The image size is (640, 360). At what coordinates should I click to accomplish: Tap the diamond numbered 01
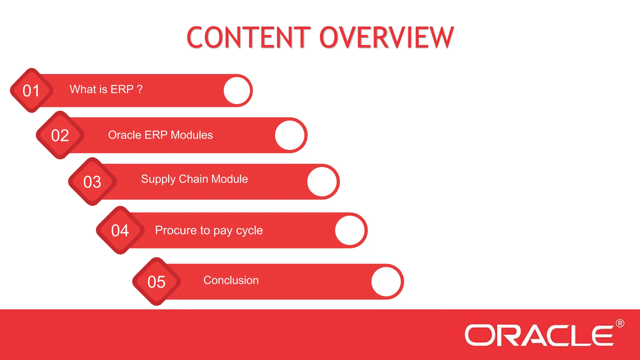click(31, 91)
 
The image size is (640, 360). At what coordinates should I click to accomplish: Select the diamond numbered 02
click(60, 135)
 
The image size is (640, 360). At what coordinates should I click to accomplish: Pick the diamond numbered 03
click(92, 182)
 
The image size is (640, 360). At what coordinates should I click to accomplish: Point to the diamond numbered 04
click(120, 230)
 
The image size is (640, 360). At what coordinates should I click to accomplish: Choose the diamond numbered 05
click(156, 282)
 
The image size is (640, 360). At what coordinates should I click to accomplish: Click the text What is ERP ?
click(106, 89)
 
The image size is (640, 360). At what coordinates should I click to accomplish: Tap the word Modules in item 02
click(192, 135)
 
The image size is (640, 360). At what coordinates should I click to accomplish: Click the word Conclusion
click(231, 280)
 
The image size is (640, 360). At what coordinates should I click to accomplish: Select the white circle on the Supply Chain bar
click(322, 182)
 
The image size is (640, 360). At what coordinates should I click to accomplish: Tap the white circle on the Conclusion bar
click(386, 282)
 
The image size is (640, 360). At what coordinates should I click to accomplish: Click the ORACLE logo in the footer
click(539, 335)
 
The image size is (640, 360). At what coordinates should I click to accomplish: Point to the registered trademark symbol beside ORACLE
click(620, 323)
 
